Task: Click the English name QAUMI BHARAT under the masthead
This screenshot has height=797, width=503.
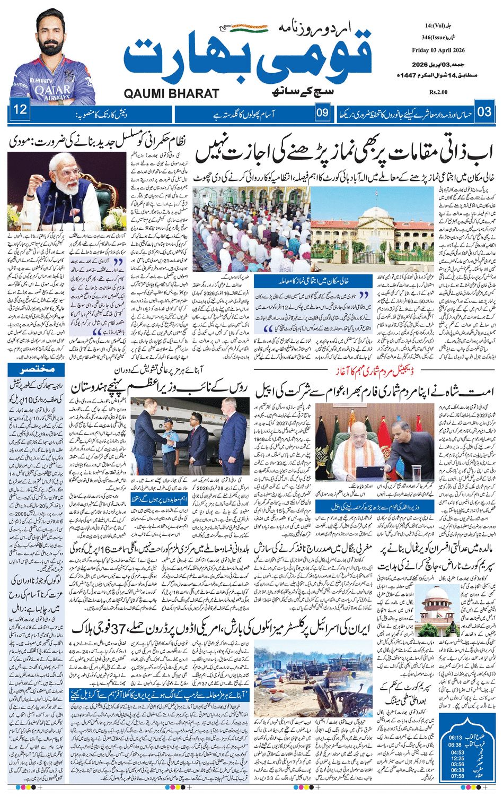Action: (171, 94)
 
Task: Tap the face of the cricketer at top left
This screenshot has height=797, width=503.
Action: (52, 33)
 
